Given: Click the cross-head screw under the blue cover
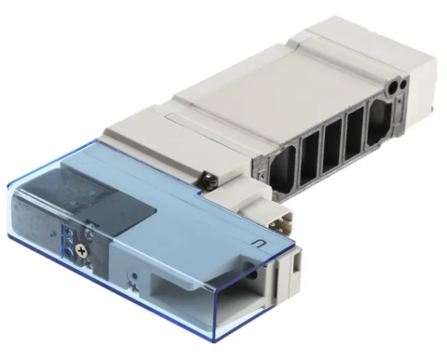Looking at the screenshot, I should tap(86, 250).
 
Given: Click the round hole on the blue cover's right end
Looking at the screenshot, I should tap(251, 275).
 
